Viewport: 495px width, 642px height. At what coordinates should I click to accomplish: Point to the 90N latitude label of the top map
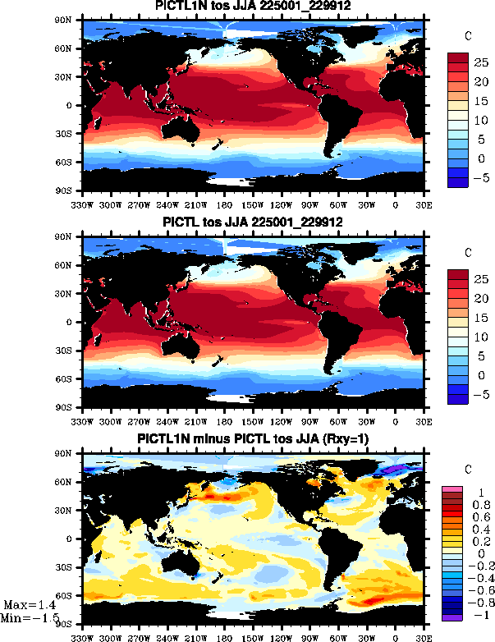pyautogui.click(x=71, y=20)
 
